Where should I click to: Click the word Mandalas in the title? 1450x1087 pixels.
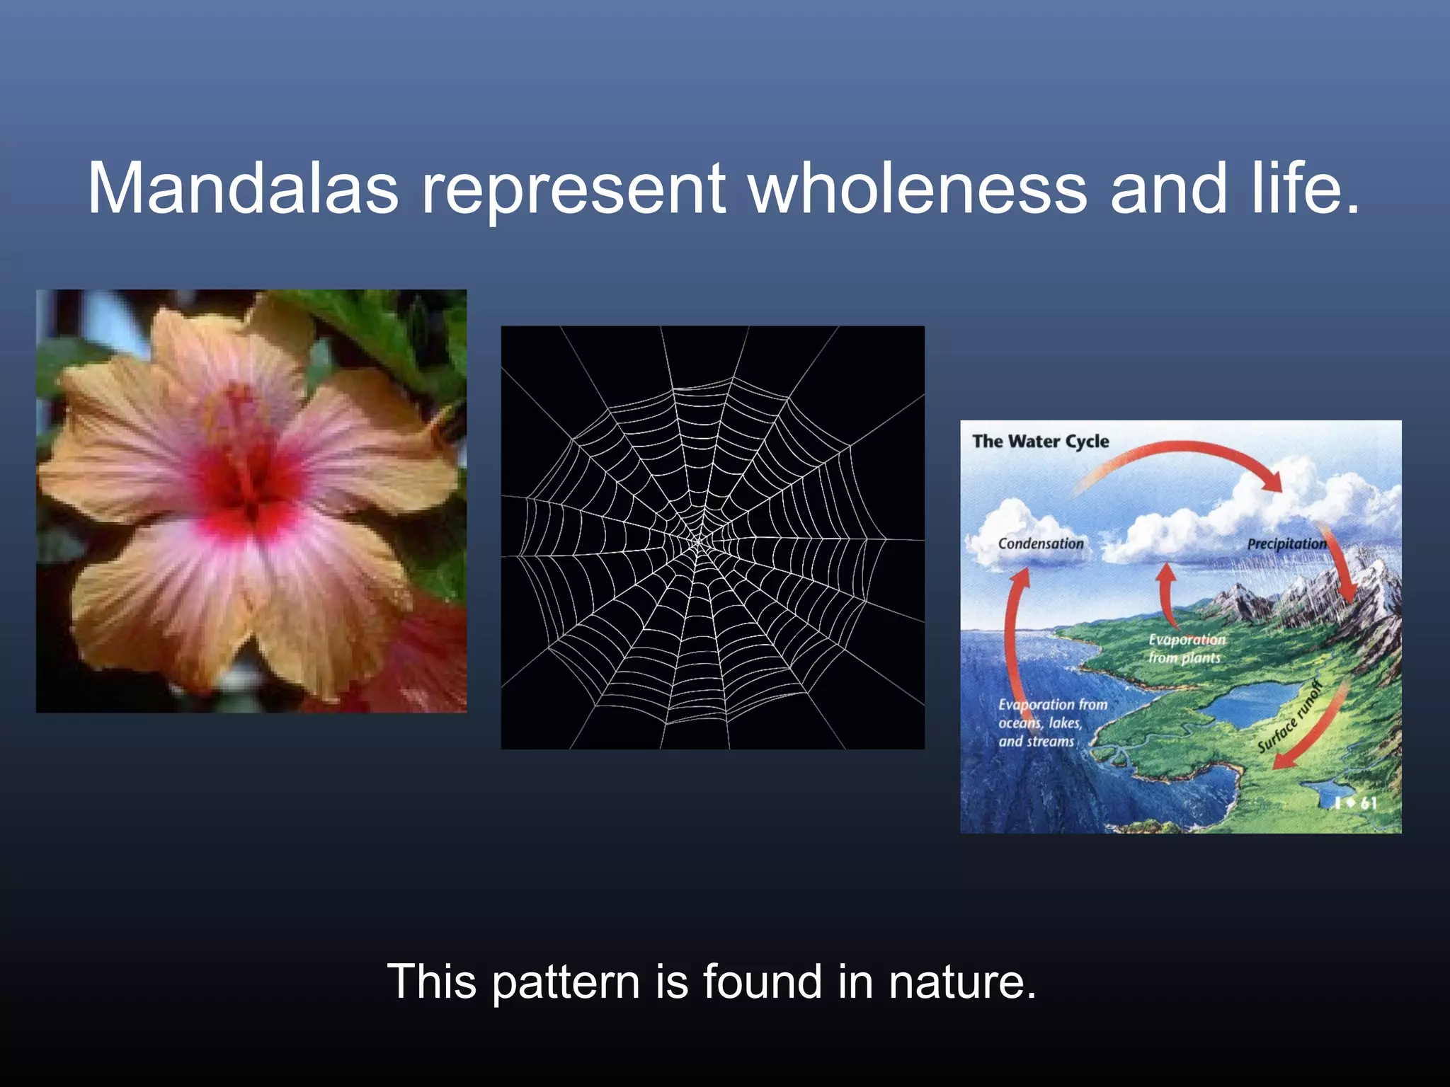(x=243, y=188)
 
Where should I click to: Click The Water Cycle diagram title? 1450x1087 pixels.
(x=1040, y=442)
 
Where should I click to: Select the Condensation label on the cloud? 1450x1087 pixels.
(x=1040, y=543)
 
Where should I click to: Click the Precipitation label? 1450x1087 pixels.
(x=1286, y=543)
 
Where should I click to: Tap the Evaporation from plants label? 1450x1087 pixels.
(x=1186, y=648)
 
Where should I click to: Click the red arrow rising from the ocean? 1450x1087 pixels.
(x=1014, y=637)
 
